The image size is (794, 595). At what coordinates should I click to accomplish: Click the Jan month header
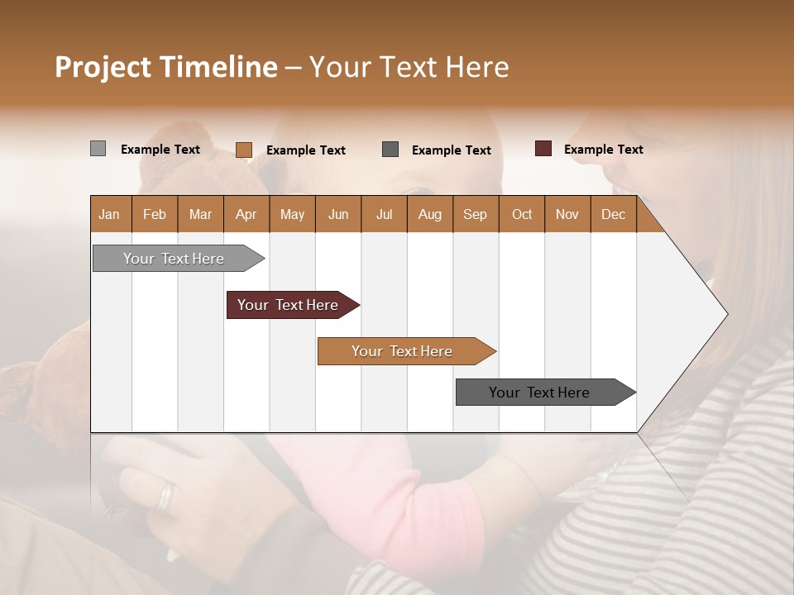coord(109,214)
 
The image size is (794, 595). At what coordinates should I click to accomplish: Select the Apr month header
coord(246,214)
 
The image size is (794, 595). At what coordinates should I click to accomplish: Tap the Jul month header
coord(384,214)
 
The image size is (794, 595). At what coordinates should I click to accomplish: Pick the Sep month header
coord(475,214)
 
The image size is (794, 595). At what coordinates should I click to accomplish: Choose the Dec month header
coord(613,214)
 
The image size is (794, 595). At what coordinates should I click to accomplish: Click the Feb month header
coord(155,214)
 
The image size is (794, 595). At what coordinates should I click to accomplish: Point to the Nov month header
coord(567,214)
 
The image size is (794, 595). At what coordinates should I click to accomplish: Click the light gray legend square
coord(98,149)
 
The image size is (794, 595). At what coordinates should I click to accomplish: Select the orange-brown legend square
coord(243,150)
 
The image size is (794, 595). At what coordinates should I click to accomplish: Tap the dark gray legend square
coord(390,149)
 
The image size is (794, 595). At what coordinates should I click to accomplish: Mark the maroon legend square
coord(543,149)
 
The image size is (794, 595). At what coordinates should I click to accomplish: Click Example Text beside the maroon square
coord(603,149)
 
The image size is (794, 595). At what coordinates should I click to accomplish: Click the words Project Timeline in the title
coord(165,67)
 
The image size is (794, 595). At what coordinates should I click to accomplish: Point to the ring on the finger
coord(166,496)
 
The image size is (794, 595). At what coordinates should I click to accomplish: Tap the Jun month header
coord(337,214)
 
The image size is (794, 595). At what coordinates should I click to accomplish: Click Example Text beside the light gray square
coord(160,149)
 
